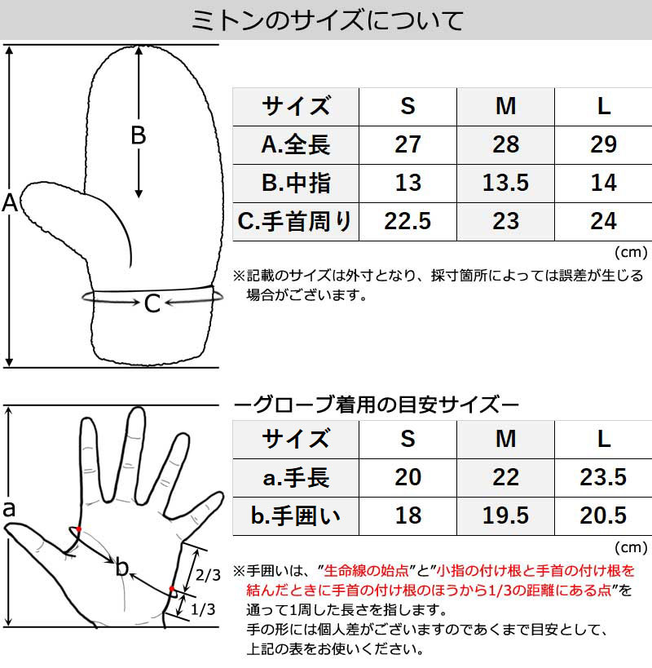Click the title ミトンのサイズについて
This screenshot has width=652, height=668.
point(327,20)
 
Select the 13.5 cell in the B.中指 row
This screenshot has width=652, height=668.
point(505,183)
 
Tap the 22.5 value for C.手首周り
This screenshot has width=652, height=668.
point(407,221)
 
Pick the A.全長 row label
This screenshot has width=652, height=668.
point(295,144)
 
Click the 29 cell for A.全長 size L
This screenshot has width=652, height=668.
point(603,144)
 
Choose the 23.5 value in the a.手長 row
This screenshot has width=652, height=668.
point(603,477)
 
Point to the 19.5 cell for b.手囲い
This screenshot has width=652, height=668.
point(505,515)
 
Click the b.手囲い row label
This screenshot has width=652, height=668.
point(295,515)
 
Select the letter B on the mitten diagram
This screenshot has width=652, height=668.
point(139,135)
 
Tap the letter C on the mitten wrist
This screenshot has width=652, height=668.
point(152,303)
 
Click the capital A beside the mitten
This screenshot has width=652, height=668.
point(10,203)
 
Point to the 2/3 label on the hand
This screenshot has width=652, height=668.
point(208,575)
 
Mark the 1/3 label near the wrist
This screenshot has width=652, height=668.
point(203,609)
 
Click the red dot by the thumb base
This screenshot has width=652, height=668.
point(79,529)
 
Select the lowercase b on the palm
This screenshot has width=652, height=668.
point(122,567)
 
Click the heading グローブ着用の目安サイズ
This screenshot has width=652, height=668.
point(377,405)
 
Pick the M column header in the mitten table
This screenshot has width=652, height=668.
point(505,106)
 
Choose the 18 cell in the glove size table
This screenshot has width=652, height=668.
point(407,515)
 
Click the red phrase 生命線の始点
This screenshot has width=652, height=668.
point(366,570)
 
